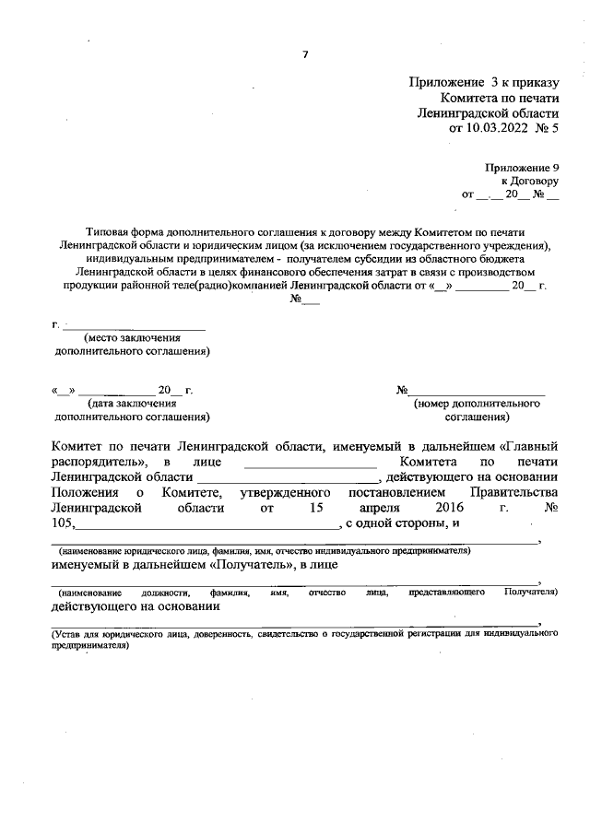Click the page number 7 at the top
pos(305,54)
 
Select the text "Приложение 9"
pos(523,168)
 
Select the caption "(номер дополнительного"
pos(477,404)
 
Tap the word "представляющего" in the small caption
pos(447,592)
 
